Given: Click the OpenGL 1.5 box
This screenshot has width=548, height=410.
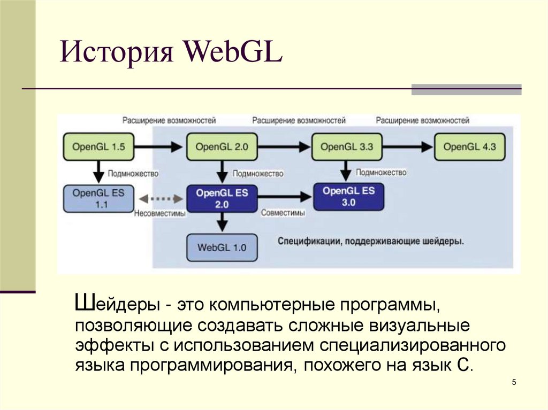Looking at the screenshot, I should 98,146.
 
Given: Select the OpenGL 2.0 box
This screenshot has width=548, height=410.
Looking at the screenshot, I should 222,146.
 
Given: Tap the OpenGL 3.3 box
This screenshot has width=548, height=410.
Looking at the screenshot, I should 346,146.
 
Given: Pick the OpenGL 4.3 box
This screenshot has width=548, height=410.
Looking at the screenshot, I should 470,146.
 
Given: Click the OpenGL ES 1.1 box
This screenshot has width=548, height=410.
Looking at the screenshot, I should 98,198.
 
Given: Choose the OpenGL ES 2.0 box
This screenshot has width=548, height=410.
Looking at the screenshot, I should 222,198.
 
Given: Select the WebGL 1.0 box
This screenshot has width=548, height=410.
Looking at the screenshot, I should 222,247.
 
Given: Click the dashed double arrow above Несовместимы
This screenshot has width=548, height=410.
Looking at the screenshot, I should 159,198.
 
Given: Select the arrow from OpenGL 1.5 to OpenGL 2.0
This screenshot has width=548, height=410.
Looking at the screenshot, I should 159,146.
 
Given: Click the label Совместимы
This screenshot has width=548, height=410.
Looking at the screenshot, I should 283,213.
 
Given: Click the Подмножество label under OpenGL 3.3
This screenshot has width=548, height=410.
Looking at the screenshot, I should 381,172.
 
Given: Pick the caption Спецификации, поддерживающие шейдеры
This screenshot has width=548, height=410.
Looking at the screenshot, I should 371,242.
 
